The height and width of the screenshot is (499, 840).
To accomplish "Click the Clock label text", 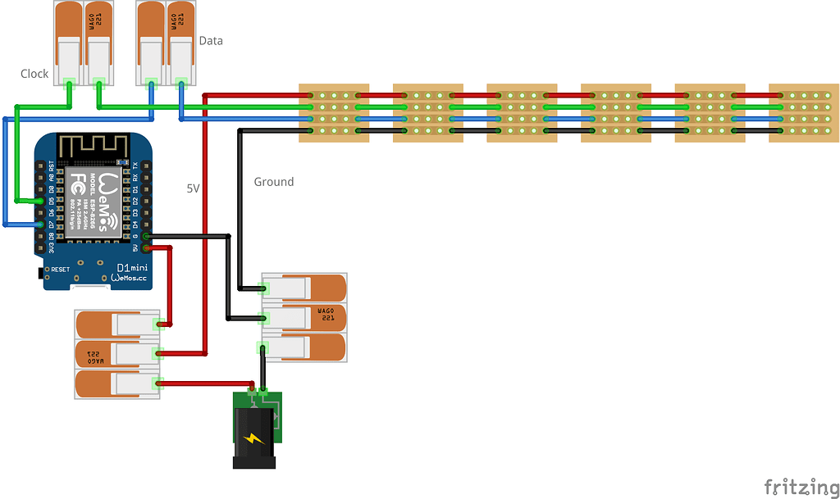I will coord(34,74).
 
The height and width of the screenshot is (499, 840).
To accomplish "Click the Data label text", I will coord(211,41).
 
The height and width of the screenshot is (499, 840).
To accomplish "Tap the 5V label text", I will coord(194,188).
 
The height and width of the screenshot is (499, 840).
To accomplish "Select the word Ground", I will coord(273,182).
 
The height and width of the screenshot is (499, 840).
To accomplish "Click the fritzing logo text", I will coord(796,487).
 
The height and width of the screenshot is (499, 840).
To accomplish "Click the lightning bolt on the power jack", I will coord(254,439).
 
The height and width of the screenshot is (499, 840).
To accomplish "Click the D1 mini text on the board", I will coord(131,268).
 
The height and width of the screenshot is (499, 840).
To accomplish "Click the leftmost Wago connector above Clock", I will coord(68,41).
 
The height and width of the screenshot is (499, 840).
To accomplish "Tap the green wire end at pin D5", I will coord(40,201).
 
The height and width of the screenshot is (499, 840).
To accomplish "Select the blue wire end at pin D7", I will coord(40,224).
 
